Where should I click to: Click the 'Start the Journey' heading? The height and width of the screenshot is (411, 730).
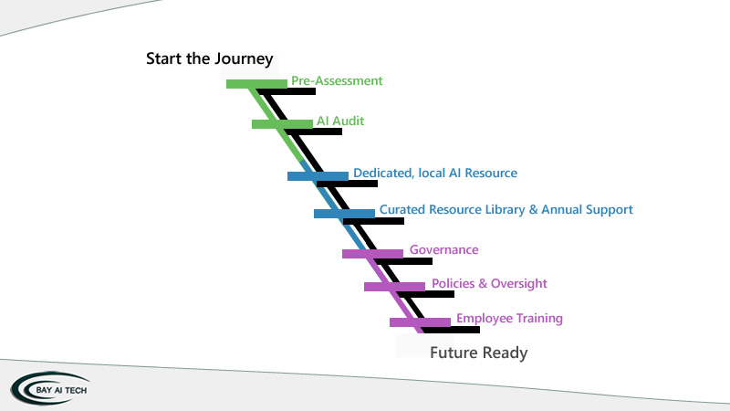coord(210,59)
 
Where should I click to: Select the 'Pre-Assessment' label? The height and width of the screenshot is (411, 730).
coord(337,80)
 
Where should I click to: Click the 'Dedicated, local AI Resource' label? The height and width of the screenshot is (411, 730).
coord(435,173)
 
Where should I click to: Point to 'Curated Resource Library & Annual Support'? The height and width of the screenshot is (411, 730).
coord(506,209)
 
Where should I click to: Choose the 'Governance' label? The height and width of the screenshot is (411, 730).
coord(443,249)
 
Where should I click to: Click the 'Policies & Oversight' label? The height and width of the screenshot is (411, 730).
coord(489,283)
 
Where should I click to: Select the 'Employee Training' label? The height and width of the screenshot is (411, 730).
coord(509,318)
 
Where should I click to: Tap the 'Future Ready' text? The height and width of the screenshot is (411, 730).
coord(479,353)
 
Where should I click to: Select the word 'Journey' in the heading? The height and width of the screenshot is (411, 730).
coord(244,59)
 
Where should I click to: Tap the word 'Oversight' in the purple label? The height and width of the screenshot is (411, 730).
coord(519,283)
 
